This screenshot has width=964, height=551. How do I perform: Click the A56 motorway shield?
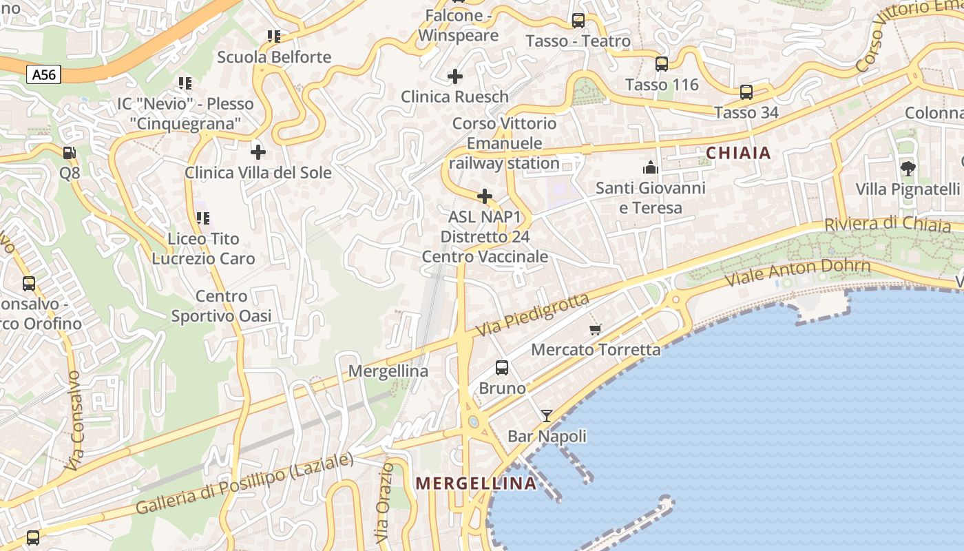[44, 74]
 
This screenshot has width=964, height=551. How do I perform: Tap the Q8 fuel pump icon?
[70, 152]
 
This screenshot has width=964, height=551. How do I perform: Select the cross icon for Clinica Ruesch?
[455, 76]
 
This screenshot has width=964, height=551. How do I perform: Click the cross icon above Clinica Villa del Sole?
[258, 152]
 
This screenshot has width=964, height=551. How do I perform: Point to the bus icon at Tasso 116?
[662, 64]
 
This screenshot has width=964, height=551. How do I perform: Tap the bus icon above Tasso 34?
[746, 92]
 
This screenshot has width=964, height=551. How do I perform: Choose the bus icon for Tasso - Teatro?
[578, 21]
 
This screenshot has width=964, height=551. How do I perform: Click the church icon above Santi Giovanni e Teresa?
[651, 167]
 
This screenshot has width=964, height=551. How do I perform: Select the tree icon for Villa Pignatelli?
[908, 168]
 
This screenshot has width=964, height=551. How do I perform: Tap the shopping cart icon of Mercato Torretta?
[596, 329]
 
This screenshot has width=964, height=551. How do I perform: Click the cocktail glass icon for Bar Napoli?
[547, 415]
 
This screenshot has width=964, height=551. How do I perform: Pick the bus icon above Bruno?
[502, 368]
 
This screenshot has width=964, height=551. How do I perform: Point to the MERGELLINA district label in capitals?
[476, 484]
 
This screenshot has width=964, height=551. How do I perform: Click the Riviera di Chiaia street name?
[888, 225]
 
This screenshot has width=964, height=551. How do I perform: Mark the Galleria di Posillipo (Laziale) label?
[244, 484]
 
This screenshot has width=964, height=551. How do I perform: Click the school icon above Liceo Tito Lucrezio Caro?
[202, 218]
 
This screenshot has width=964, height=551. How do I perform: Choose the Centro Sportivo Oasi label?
[221, 306]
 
